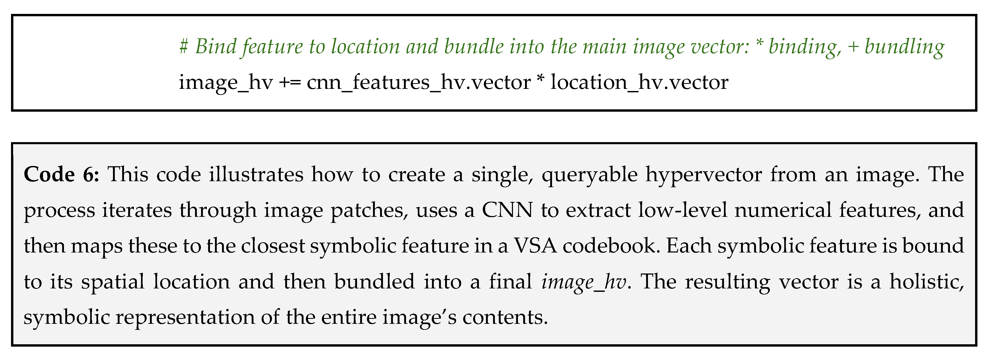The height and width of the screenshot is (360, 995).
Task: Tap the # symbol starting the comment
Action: coord(183,46)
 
